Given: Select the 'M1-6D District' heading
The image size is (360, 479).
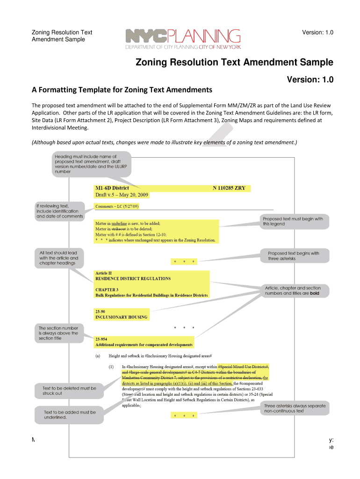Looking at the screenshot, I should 112,189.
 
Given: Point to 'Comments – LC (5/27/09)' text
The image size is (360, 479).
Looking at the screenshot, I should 117,206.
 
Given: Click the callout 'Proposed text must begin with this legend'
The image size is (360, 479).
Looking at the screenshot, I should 293,221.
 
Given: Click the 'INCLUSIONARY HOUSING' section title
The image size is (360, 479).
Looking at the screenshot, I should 121,317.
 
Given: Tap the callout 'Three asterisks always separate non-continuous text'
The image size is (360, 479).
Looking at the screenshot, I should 295,408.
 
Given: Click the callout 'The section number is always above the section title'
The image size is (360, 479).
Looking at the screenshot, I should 58,333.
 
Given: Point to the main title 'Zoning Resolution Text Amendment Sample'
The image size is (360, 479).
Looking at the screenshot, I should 234,63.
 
